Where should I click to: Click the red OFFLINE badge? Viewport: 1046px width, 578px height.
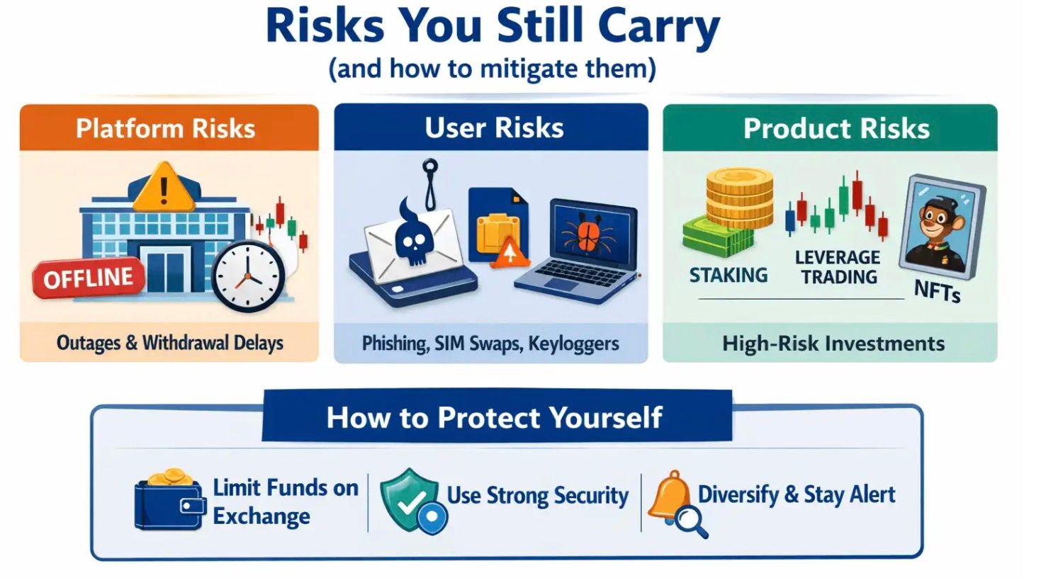pos(89,278)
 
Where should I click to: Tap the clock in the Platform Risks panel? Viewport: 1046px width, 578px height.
pos(249,276)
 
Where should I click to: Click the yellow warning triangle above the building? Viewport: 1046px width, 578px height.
pos(164,187)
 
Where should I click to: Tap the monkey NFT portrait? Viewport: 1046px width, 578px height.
pos(942,228)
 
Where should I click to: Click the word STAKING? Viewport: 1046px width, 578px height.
pos(729,275)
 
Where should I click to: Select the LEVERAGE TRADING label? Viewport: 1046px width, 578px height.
pos(838,267)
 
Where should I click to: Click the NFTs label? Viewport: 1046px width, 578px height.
pos(937,291)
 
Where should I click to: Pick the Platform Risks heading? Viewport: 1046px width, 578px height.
pos(166,128)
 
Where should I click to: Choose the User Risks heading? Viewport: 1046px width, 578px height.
pos(494,128)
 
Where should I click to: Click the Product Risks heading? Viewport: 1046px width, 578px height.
pos(836,128)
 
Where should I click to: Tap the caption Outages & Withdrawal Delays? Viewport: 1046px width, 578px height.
pos(170,343)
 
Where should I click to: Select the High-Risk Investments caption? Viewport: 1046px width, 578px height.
pos(833,344)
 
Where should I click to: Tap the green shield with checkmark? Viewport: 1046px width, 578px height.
pos(410,499)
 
